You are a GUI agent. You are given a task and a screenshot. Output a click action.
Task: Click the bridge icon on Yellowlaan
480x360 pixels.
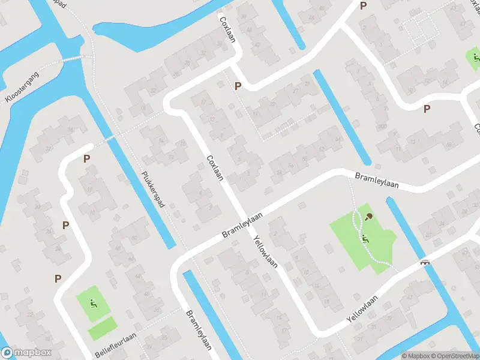point(425,262)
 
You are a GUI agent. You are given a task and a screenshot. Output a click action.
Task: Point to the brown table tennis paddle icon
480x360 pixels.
point(368,217)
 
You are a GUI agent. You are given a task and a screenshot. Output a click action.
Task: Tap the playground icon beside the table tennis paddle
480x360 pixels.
point(365,238)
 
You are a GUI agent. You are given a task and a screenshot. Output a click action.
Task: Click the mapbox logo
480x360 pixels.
point(26,353)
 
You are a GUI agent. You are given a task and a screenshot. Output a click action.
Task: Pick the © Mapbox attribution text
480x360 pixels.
point(414,356)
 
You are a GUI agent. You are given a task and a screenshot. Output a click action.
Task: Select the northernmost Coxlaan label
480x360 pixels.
point(228,28)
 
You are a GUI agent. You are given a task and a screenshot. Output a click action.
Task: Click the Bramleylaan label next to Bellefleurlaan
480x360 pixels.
point(199,329)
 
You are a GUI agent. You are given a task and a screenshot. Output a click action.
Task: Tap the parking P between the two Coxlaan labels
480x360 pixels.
point(238,86)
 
